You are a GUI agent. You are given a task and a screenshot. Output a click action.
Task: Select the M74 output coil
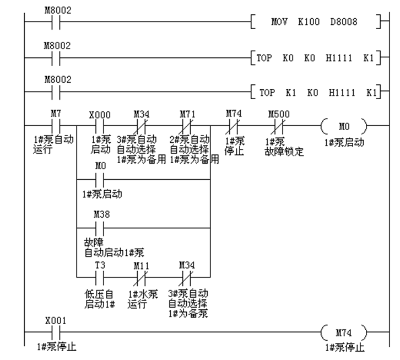(343, 332)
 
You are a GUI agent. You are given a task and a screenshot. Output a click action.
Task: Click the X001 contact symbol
(56, 332)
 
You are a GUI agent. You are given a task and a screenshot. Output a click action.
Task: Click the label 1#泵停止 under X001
(56, 347)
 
